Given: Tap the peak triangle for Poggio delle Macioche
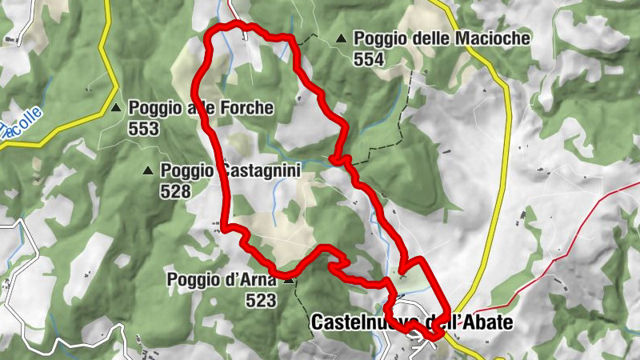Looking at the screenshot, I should click(x=342, y=38).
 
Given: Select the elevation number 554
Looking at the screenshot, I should click(x=370, y=58).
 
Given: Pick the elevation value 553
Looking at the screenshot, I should click(x=143, y=128).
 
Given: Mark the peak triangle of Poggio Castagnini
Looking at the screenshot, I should click(x=148, y=170).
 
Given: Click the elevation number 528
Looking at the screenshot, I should click(x=175, y=190).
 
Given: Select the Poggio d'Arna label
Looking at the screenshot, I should click(x=222, y=280).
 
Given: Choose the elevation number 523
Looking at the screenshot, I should click(x=261, y=301).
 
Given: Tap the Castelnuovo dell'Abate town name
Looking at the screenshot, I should click(x=410, y=322).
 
